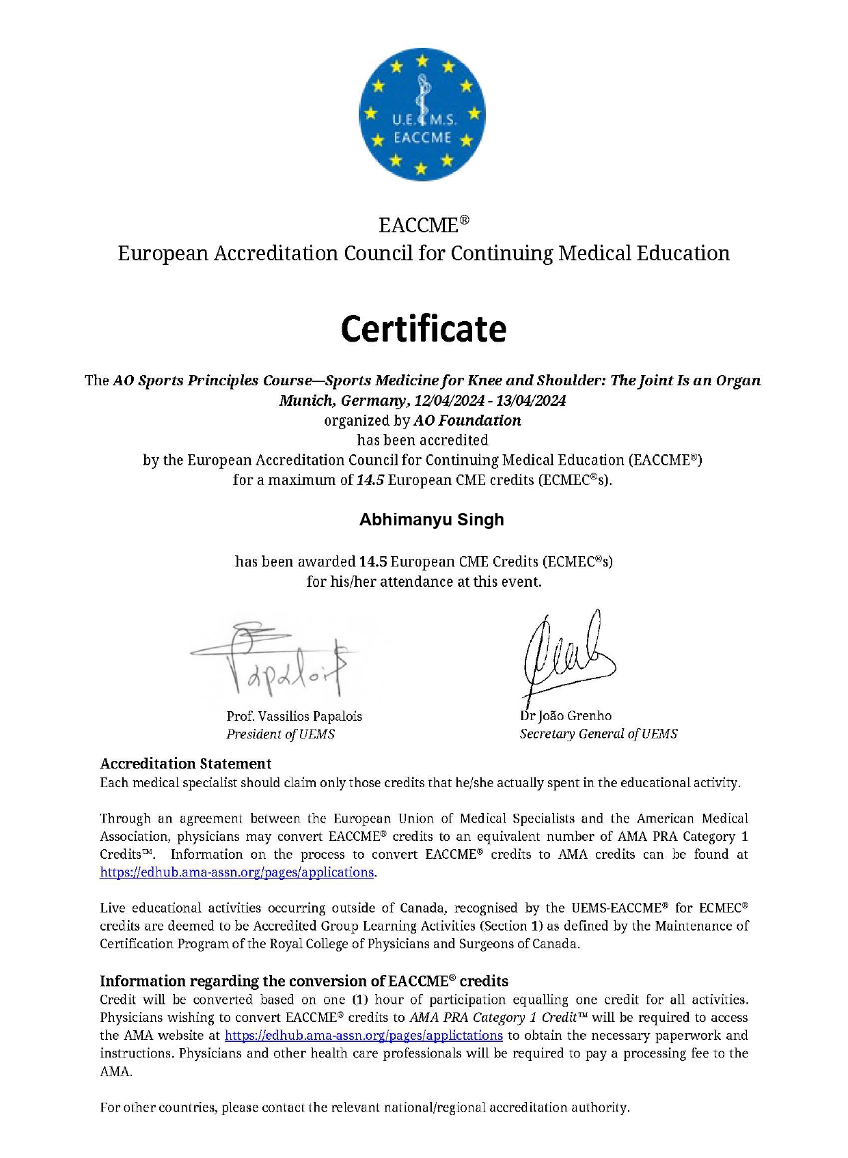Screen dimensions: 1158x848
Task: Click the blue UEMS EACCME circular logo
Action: tap(422, 114)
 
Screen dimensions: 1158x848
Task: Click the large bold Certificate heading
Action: tap(424, 329)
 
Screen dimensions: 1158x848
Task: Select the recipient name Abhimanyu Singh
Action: tap(431, 520)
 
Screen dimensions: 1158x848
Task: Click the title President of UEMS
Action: tap(281, 734)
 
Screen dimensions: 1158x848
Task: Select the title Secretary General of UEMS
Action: tap(599, 734)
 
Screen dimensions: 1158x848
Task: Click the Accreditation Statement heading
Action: tap(186, 764)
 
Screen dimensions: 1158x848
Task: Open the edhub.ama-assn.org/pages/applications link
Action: tap(237, 872)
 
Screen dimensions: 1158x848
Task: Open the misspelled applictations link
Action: tap(364, 1036)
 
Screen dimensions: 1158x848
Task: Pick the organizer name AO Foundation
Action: tap(467, 421)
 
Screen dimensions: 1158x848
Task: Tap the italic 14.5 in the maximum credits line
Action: tap(370, 480)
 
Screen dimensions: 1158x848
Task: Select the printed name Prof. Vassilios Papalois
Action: tap(295, 717)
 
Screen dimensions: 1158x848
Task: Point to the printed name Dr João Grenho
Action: tap(566, 716)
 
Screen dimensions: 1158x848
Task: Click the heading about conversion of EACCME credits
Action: tap(304, 982)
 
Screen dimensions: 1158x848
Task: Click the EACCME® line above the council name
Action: tap(424, 225)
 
